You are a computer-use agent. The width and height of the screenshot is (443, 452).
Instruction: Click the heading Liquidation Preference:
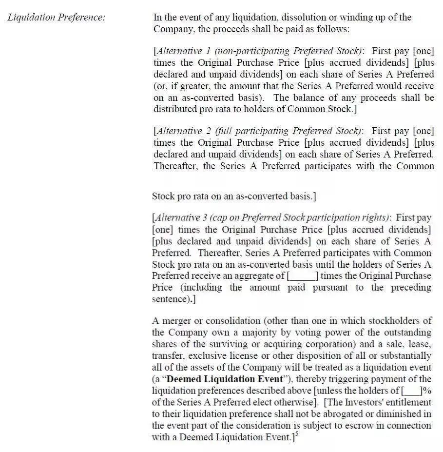(56, 18)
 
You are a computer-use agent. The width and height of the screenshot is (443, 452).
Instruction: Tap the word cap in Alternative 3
(217, 218)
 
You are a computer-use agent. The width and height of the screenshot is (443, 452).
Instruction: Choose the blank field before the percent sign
(412, 391)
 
